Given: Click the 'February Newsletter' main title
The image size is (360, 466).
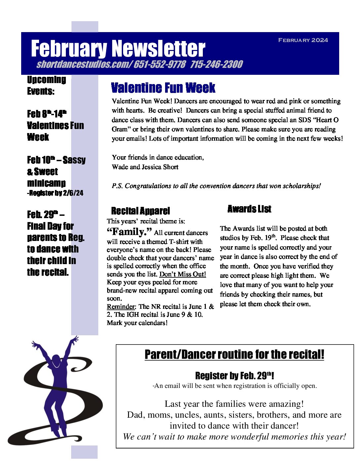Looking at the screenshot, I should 118,49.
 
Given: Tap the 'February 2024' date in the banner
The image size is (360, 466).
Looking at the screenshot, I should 303,40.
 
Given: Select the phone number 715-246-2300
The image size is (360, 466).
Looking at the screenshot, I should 216,64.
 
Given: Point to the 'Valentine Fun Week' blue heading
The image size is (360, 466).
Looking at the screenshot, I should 163,88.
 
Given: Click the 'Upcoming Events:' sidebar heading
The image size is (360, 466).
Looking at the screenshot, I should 46,85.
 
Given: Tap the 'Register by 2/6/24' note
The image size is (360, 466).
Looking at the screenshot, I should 55,193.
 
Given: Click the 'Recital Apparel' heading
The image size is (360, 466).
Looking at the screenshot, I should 140,211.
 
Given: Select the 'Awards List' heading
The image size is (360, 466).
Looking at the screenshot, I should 249,209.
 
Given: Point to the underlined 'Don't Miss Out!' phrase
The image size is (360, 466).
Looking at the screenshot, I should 183,274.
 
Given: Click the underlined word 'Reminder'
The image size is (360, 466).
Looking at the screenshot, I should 121,306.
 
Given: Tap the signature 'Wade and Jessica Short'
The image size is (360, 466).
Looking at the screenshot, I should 145,167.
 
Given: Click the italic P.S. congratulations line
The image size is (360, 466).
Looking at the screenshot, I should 216,186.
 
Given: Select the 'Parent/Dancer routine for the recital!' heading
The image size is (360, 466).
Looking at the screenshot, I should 234,354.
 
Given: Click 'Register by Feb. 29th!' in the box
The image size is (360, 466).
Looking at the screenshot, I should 234,376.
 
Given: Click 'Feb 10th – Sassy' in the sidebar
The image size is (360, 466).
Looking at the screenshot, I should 56,160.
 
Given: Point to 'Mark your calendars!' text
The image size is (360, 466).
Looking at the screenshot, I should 137,323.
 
